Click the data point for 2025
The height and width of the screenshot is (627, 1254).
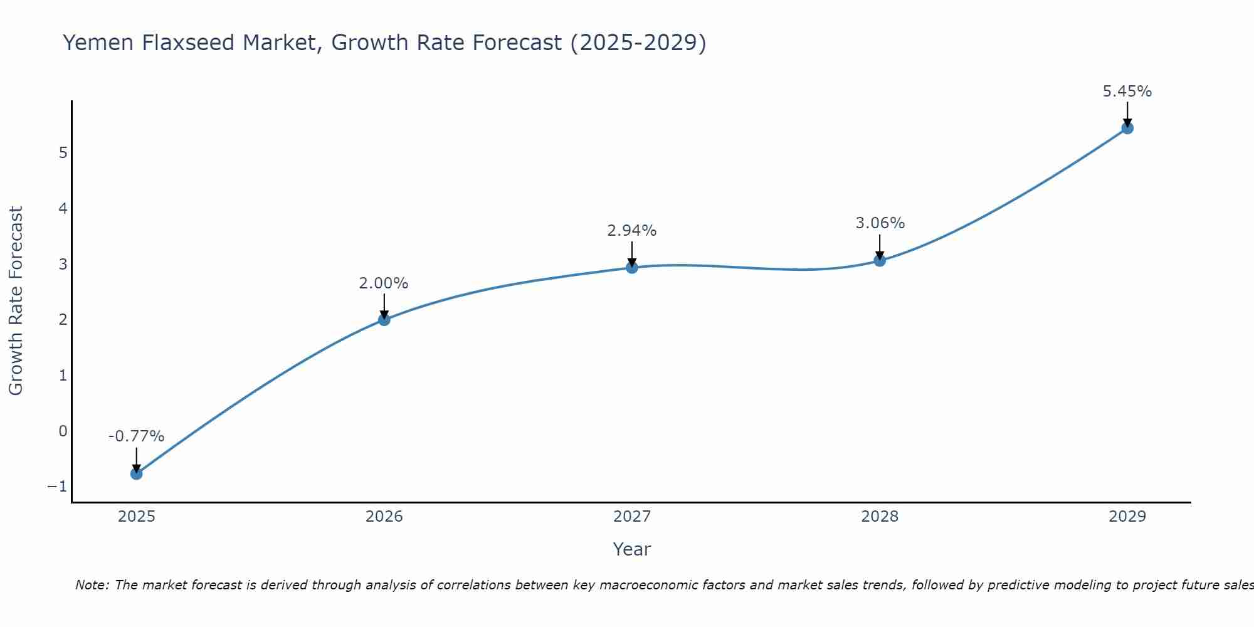click(x=136, y=473)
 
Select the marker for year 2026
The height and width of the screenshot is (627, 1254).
click(x=384, y=320)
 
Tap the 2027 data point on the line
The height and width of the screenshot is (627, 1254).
click(x=632, y=268)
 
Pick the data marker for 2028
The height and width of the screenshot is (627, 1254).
click(x=880, y=261)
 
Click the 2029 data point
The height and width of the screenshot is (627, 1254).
click(x=1127, y=129)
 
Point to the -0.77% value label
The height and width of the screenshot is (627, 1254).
click(x=136, y=436)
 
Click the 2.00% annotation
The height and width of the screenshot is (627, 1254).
click(x=384, y=283)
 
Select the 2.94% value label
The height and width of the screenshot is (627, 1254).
click(x=632, y=231)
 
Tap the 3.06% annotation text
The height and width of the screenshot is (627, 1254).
click(x=880, y=223)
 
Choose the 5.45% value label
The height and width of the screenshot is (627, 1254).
click(x=1127, y=92)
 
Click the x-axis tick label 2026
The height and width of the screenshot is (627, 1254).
click(x=384, y=517)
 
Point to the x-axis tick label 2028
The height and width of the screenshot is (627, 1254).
click(x=880, y=517)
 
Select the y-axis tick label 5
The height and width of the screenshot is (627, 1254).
click(x=63, y=153)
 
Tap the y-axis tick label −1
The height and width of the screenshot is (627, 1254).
click(x=57, y=487)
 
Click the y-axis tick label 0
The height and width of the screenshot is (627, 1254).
click(x=63, y=431)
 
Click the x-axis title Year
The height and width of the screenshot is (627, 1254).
click(x=632, y=549)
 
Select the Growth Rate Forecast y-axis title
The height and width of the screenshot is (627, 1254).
click(x=16, y=301)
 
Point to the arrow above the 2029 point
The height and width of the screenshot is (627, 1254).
click(x=1127, y=113)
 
